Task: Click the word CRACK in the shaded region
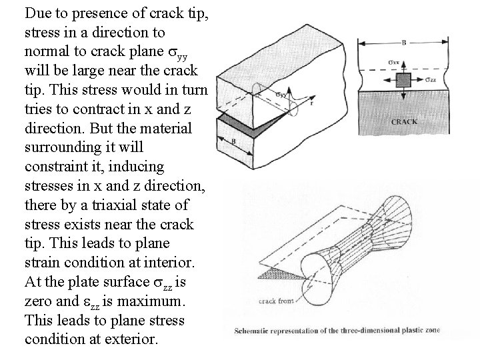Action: [404, 121]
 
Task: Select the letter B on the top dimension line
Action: [404, 41]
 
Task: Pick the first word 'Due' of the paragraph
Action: [37, 13]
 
